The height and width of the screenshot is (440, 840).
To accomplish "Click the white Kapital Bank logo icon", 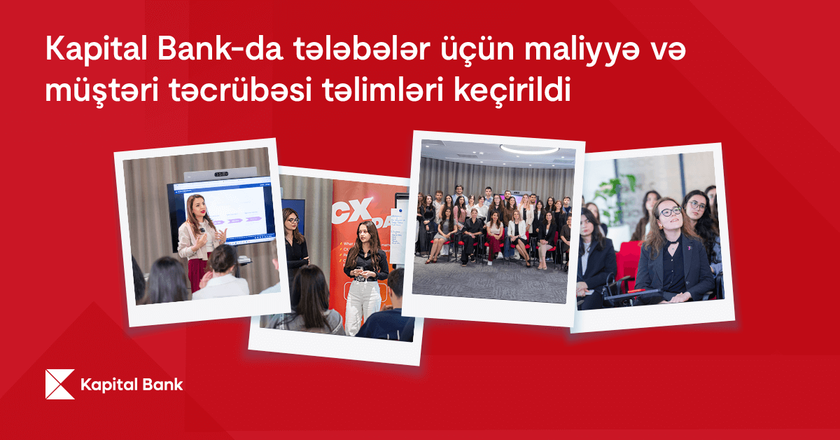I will (x=59, y=384).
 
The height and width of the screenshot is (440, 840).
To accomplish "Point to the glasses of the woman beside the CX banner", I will (x=293, y=220).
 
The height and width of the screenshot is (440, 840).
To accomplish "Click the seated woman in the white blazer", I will (x=517, y=231).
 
